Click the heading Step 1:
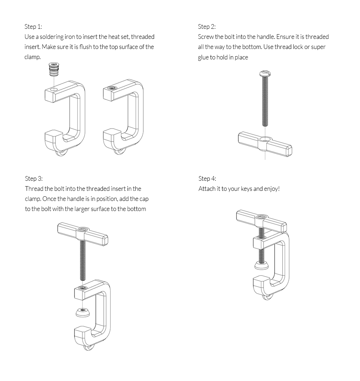tap(33, 27)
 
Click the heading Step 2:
tap(207, 27)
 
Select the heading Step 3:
tap(34, 179)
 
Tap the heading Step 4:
tap(207, 179)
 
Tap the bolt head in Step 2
tap(265, 74)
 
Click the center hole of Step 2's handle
tap(265, 139)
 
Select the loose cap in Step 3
tap(83, 312)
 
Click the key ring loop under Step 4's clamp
tap(267, 297)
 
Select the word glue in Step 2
tap(204, 57)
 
